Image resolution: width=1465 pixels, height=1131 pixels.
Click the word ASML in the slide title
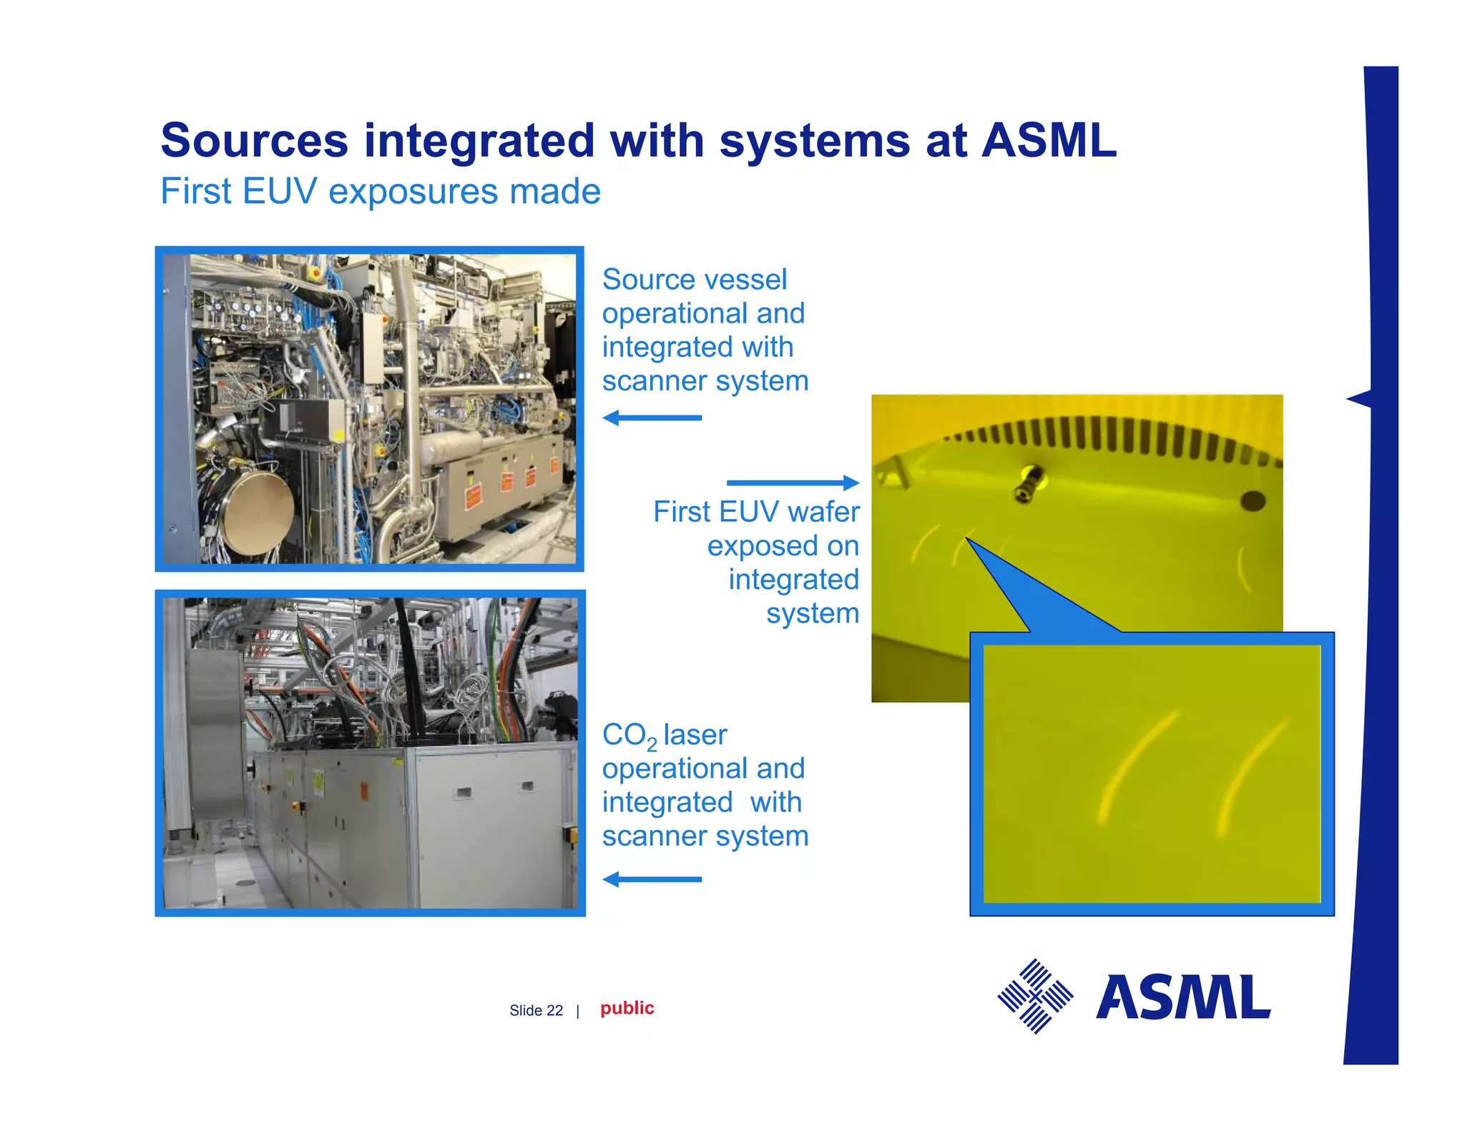tap(1048, 140)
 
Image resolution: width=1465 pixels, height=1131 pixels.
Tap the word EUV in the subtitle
tap(279, 192)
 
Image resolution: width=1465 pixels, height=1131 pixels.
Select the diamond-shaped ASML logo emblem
tap(1035, 996)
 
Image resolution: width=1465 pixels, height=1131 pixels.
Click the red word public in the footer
tap(627, 1008)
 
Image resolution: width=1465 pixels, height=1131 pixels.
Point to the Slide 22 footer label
tap(536, 1010)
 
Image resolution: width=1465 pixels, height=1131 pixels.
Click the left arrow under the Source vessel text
tap(652, 418)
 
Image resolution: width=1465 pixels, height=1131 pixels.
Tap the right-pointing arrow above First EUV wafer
tap(793, 483)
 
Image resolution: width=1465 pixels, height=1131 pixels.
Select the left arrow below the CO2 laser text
tap(652, 879)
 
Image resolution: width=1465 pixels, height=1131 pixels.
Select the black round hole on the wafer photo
tap(1252, 500)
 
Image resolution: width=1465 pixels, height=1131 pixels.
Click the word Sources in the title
tap(254, 140)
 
